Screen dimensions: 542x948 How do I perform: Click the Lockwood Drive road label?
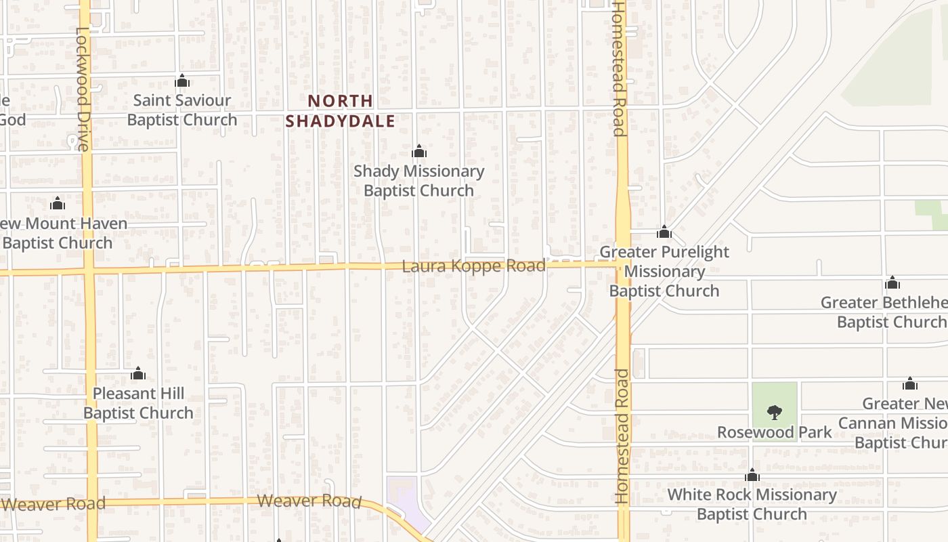(x=81, y=88)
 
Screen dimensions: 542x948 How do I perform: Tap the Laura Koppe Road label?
(x=473, y=266)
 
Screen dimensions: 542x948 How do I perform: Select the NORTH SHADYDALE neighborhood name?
(x=340, y=111)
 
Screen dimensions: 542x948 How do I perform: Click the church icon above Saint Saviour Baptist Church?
(x=181, y=81)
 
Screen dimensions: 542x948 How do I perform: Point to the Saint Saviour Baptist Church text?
(x=181, y=110)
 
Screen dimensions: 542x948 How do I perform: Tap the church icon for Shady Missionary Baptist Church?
(x=419, y=151)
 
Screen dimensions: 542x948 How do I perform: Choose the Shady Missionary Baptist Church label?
(x=418, y=181)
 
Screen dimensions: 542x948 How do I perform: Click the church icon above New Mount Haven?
(x=58, y=203)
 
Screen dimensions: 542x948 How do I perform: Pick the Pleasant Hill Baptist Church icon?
(x=138, y=373)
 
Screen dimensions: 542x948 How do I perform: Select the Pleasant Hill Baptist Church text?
(x=138, y=403)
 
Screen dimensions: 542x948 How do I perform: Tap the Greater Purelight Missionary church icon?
(x=664, y=232)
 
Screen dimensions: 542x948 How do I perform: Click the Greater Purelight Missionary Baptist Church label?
(x=664, y=271)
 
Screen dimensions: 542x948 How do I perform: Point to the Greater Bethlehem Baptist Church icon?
(x=892, y=283)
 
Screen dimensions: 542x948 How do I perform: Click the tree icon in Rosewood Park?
(x=775, y=412)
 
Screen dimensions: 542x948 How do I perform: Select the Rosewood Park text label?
(x=775, y=432)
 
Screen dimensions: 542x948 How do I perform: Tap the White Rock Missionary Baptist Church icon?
(x=752, y=475)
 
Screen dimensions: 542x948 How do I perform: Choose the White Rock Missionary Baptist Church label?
(x=752, y=504)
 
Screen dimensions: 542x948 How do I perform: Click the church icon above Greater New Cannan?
(x=910, y=384)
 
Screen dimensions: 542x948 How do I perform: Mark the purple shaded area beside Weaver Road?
(x=405, y=501)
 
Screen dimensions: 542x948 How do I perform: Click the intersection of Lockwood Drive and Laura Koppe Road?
(x=88, y=271)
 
